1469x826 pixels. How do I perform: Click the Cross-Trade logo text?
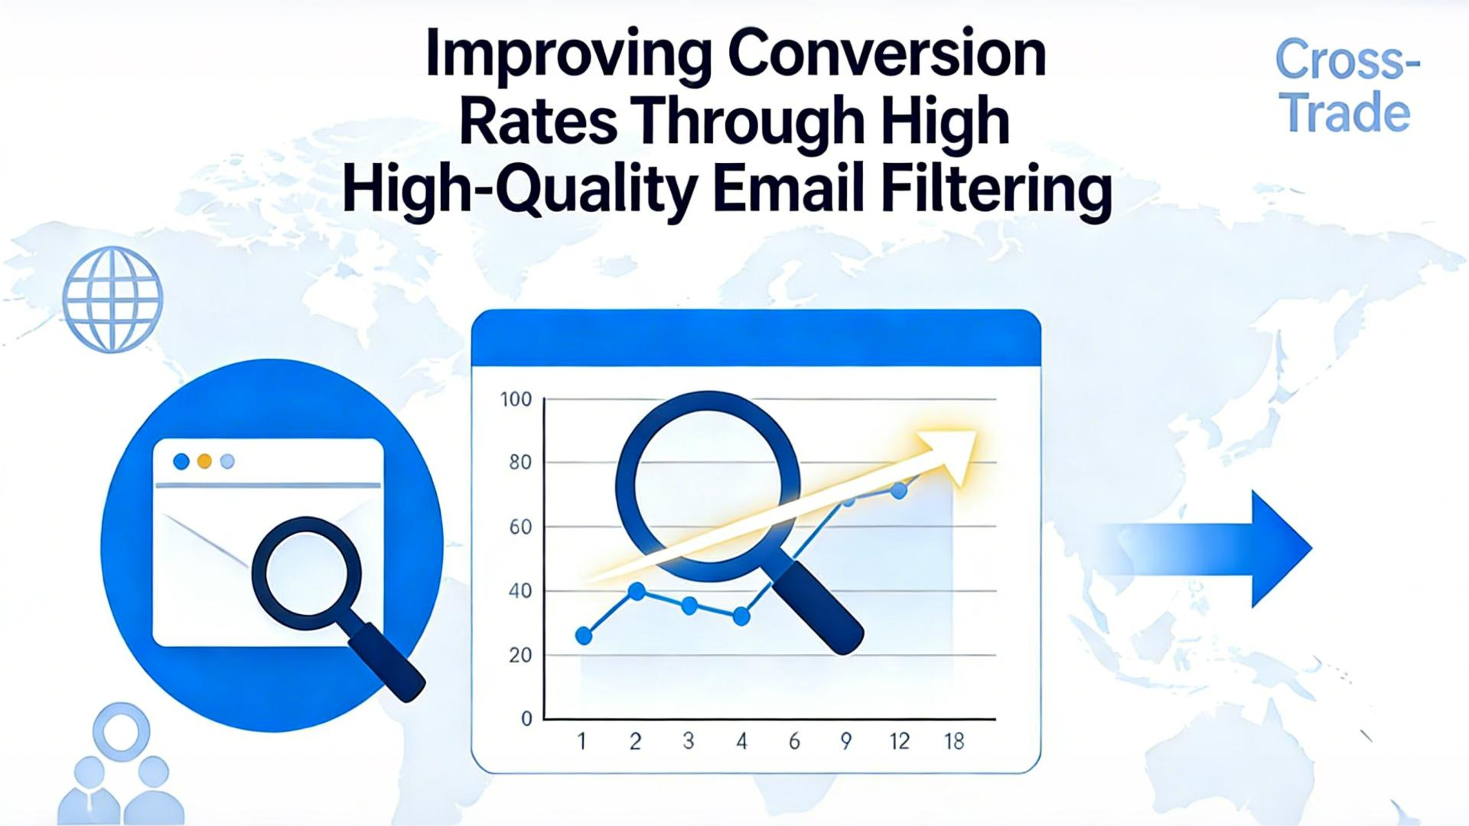[x=1347, y=86]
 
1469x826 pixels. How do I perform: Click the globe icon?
[x=112, y=299]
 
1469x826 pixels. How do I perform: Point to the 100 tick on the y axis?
[x=516, y=399]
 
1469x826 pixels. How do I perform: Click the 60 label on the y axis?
[x=520, y=527]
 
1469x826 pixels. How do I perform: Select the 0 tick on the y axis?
[x=526, y=719]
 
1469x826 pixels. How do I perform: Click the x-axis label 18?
[x=954, y=741]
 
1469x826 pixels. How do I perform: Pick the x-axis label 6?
[x=794, y=741]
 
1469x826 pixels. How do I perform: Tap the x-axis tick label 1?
[x=581, y=741]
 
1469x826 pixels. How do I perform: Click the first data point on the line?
[x=584, y=636]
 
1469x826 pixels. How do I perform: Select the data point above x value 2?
[x=637, y=590]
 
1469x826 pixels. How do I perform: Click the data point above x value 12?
[x=899, y=491]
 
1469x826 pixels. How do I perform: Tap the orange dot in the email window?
[x=204, y=461]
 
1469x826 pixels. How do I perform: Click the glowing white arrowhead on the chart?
[x=949, y=454]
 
